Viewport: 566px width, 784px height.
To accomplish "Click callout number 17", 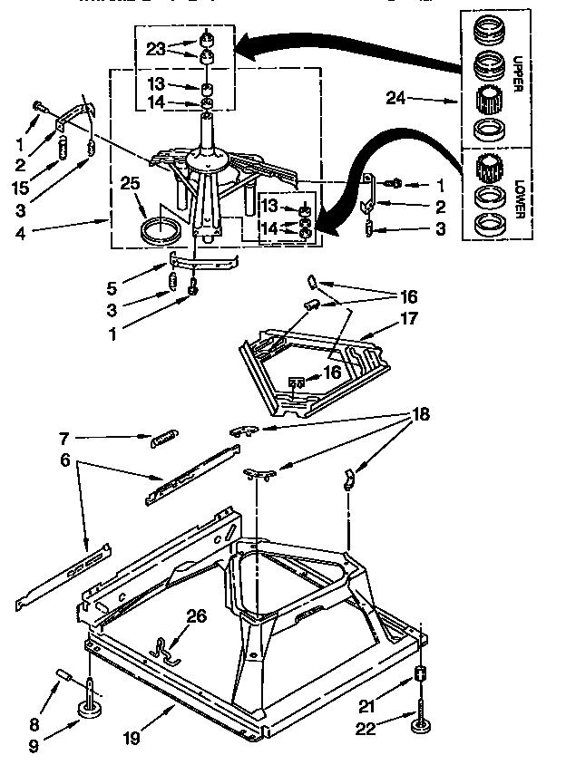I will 409,318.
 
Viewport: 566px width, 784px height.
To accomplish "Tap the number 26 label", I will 197,617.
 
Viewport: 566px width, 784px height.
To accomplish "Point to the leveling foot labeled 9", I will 92,707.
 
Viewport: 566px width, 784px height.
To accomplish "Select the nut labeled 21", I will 420,673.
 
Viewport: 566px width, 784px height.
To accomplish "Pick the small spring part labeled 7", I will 162,439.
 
